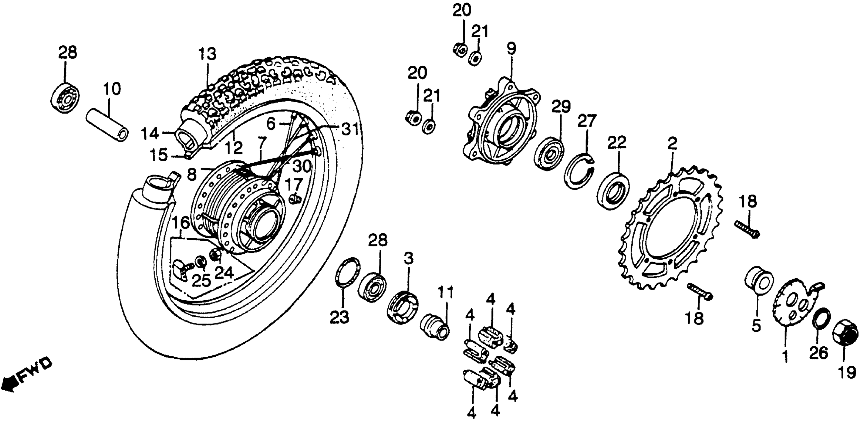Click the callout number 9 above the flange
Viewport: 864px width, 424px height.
pos(511,49)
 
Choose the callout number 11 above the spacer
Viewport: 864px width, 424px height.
pos(445,293)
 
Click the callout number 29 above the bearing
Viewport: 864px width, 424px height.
pos(561,107)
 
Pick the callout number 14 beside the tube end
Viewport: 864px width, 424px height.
pos(149,134)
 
